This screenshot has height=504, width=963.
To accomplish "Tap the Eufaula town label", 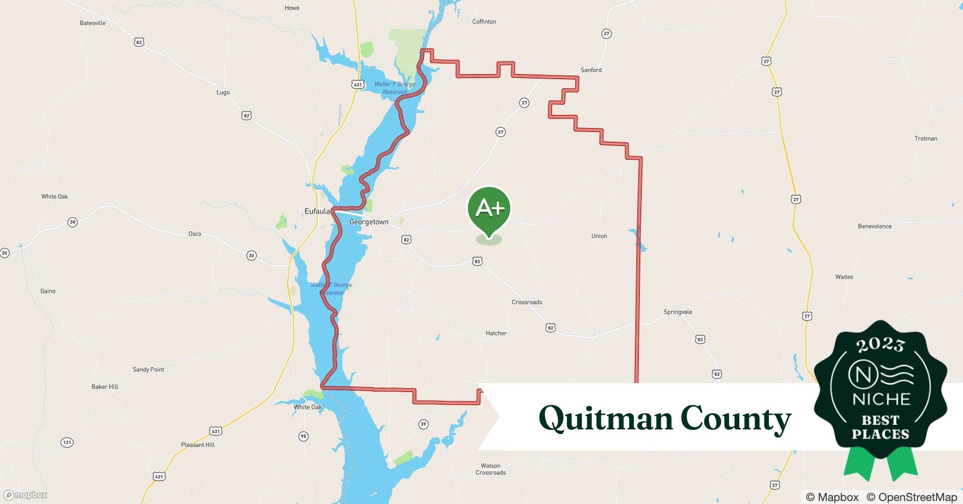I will [x=317, y=212].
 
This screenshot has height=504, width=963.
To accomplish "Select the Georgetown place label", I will [x=369, y=222].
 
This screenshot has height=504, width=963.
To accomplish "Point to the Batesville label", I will [x=93, y=23].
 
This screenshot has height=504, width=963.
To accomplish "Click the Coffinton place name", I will [x=484, y=22].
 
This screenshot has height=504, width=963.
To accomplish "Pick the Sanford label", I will [x=591, y=70].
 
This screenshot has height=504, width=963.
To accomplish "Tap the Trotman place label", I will [x=926, y=139].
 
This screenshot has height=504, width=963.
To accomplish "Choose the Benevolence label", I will [x=875, y=226].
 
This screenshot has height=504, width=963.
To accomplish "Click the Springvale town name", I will [x=678, y=312].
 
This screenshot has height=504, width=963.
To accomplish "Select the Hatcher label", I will [x=496, y=333].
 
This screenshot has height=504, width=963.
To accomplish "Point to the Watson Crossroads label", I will [x=491, y=469].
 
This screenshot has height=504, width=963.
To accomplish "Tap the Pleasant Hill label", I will [x=198, y=445].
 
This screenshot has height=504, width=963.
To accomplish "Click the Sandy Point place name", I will [x=148, y=369].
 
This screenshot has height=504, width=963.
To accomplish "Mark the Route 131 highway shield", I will [x=67, y=443].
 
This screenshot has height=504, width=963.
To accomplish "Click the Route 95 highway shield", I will [x=303, y=436].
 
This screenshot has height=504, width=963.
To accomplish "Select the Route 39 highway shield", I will [x=423, y=424].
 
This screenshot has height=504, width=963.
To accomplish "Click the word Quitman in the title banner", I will [x=605, y=418].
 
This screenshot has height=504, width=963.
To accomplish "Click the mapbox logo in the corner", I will [x=25, y=495].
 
